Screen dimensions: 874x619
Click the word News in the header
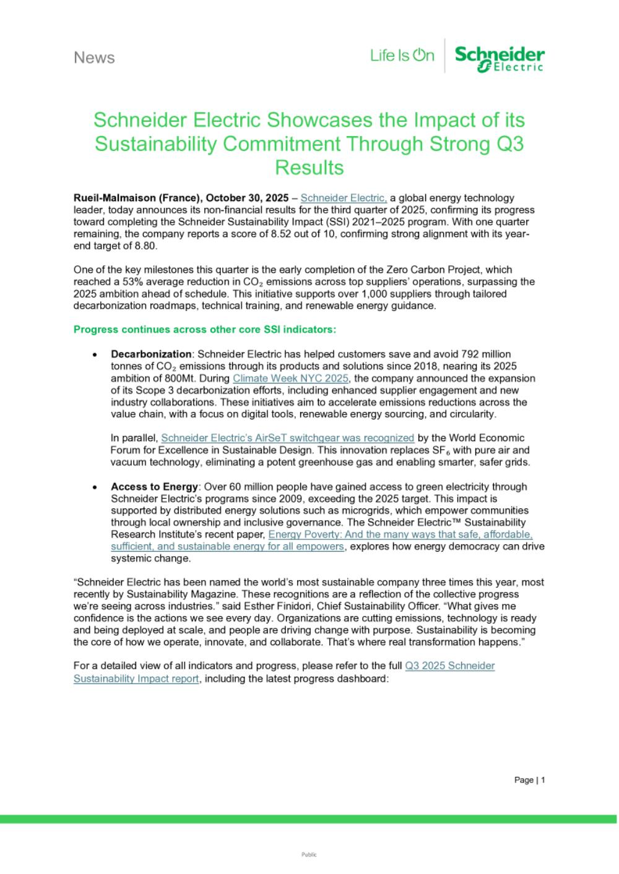tap(94, 58)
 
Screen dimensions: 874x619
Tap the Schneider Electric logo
tap(500, 58)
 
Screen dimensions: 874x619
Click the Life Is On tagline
tap(402, 56)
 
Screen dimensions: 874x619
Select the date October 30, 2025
tap(247, 199)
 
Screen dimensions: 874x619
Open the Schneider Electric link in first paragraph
tap(344, 199)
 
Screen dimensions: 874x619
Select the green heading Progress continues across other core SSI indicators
tap(204, 329)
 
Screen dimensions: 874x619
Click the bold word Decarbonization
tap(151, 354)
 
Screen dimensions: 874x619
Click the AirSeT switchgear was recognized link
tap(287, 439)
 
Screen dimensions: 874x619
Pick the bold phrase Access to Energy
tap(154, 487)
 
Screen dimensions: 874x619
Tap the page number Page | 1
tap(529, 780)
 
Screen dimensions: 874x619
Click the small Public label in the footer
tap(309, 855)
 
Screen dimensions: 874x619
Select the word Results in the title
tap(309, 168)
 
